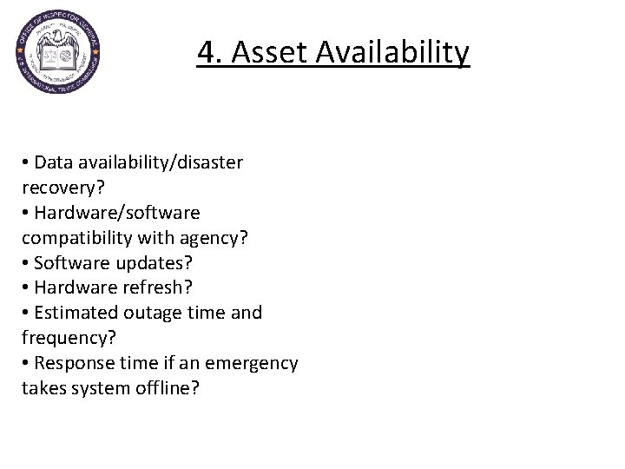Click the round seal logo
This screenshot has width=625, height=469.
click(x=57, y=53)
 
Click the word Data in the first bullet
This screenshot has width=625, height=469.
click(x=54, y=162)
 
